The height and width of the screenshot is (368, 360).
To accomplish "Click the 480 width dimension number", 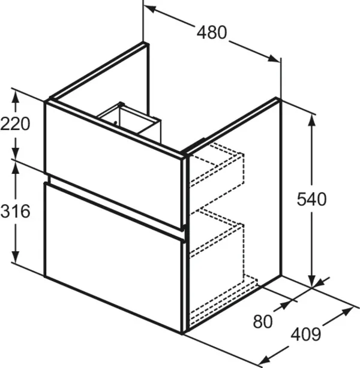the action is (x=212, y=32).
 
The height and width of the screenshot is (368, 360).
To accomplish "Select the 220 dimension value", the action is (x=15, y=123).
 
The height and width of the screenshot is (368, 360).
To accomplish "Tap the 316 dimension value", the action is (x=15, y=211).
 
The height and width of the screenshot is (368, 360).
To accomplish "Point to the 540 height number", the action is (x=311, y=199).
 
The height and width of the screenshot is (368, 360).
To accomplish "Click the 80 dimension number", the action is (x=263, y=321).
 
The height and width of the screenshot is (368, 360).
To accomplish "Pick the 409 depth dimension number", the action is (x=306, y=334).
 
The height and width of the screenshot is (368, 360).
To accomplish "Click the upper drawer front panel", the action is (x=114, y=165).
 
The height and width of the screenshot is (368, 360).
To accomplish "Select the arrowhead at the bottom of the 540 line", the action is (x=312, y=280).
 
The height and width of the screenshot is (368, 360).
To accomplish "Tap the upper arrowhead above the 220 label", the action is (x=16, y=97).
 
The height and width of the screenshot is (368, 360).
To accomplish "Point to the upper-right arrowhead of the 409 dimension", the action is (x=347, y=312).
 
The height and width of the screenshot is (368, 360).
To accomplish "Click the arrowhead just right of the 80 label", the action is (x=285, y=304).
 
